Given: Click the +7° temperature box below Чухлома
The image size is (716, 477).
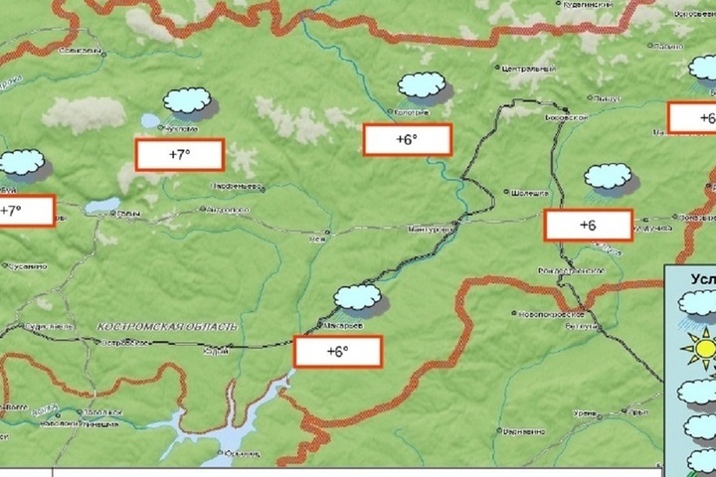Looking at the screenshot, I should tap(178, 155).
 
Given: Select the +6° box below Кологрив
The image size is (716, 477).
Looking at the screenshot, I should tap(407, 139).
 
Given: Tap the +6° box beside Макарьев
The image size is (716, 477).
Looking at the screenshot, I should tap(337, 351).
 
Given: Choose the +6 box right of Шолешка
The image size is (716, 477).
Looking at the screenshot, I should tap(588, 226).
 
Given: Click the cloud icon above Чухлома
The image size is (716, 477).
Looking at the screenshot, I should tap(187, 100).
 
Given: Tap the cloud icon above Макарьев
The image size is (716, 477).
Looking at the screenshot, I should tap(358, 296).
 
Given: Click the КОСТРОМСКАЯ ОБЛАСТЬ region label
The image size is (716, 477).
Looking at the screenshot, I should tap(169, 326).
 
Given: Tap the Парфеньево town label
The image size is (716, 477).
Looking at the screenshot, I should tap(235, 186).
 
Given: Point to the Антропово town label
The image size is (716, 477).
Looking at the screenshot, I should tap(228, 211).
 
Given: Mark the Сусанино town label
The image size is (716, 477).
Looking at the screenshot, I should tap(26, 265).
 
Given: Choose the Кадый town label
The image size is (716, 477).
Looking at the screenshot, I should tap(216, 350).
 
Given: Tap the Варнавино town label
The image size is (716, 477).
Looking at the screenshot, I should tap(524, 431).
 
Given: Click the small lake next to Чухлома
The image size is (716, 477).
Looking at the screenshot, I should tap(150, 120).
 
